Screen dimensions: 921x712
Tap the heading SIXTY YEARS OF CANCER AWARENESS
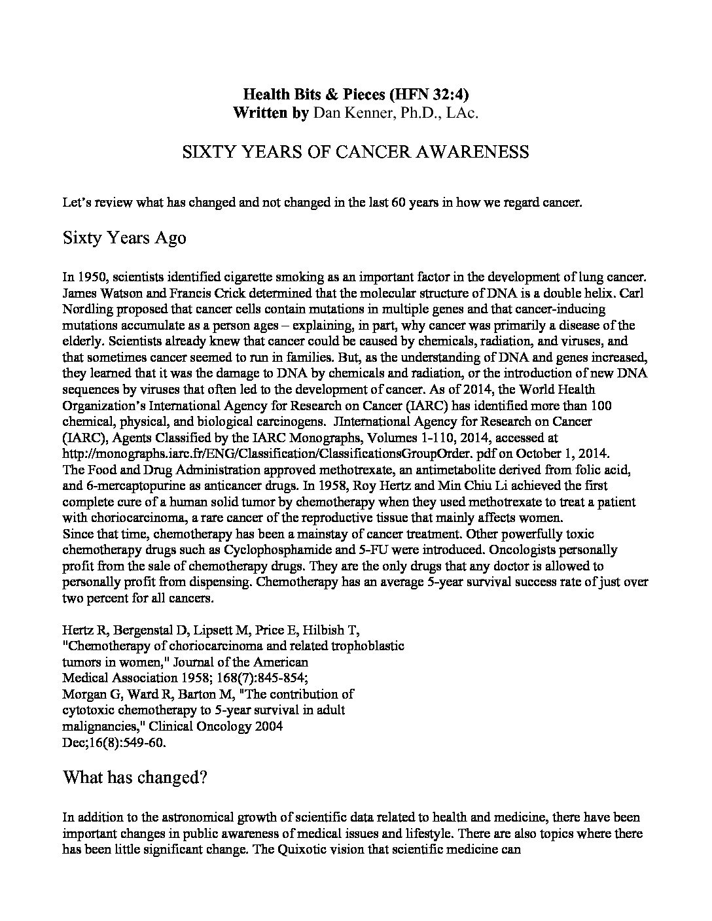click(x=355, y=152)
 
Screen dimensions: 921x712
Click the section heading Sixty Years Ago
click(x=124, y=237)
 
